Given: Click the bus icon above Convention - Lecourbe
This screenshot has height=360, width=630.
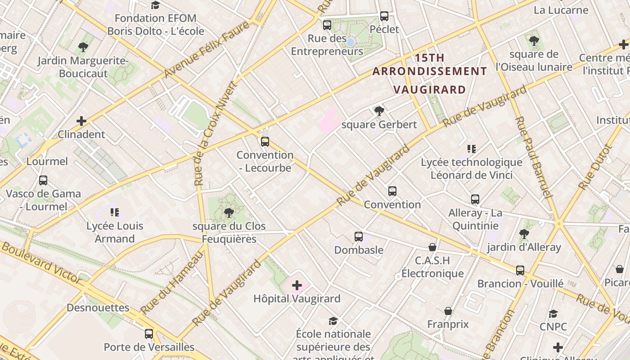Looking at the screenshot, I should coord(265,142).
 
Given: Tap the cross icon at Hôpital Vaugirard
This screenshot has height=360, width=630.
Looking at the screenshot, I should coord(297,285).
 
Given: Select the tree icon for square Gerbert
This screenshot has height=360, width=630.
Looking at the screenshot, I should coord(379,111).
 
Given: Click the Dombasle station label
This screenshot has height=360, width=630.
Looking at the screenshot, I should coord(359,250).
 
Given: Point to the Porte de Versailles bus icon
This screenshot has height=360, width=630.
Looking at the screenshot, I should coord(149,334).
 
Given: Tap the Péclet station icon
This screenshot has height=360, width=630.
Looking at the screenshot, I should coord(384,16).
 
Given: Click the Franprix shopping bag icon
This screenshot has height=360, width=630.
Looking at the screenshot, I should coord(448,311).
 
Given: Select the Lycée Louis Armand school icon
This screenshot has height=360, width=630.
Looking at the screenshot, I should coord(115,212).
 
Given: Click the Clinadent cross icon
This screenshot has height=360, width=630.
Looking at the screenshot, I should coord(81,121).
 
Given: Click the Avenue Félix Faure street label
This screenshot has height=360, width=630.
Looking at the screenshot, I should coord(207,49).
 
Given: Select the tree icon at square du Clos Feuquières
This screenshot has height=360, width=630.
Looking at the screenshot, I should coord(229,212).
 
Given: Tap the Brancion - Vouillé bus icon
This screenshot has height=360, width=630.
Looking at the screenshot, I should coord(520,270).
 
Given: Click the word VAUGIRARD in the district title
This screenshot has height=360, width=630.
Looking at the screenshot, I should coord(429,89).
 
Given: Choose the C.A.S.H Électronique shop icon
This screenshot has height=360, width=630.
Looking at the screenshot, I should coord(432,247).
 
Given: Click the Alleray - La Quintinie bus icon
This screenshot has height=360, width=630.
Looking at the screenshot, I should coord(475,199).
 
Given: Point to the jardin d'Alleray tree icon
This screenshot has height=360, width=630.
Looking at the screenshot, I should coord(524,234).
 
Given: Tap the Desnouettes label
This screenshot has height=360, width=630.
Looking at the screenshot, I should coord(98,308).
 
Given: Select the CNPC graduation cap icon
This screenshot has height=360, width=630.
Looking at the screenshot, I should coord(553,314).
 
